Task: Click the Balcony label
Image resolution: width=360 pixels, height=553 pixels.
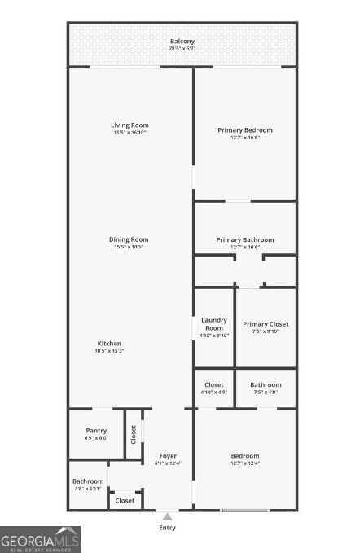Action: pos(182,42)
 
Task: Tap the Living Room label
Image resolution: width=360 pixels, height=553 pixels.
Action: pos(130,125)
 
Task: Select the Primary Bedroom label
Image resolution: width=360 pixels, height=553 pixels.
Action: pos(244,129)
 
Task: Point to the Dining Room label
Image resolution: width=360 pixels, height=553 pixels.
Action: pos(130,239)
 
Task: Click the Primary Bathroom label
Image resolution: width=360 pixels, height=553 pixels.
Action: pos(244,239)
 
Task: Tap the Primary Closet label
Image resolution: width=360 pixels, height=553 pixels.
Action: pos(266,324)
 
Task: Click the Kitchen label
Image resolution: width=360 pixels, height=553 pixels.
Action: pos(110,343)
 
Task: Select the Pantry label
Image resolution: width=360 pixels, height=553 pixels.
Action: pos(96,431)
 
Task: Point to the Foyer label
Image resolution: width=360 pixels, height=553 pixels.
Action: pos(168,455)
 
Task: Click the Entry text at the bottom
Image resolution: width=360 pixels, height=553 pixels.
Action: pos(167,528)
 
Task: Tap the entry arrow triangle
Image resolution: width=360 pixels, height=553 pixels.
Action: pos(167,516)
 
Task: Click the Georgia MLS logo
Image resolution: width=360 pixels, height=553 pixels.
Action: pos(40,539)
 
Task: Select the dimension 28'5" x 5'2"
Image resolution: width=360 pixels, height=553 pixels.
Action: pos(182,49)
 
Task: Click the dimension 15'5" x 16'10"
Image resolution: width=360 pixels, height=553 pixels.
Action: pos(130,133)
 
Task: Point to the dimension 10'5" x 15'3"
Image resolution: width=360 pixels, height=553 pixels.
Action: pos(110,351)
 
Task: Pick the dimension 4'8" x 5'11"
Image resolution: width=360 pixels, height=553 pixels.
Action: pos(87,489)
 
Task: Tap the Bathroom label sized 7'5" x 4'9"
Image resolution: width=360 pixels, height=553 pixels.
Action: pos(266,384)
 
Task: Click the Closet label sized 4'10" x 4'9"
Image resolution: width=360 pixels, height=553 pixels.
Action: pos(214,384)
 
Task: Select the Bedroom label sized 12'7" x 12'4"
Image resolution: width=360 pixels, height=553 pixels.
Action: pos(244,455)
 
